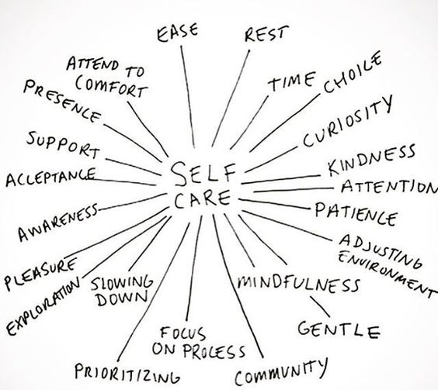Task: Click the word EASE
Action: [177, 33]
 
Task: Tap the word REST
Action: [266, 34]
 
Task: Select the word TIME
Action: [292, 81]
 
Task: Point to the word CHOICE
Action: [353, 72]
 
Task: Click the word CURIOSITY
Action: [348, 122]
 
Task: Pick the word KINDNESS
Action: [371, 160]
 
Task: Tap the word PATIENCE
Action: [356, 214]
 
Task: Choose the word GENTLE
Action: [339, 330]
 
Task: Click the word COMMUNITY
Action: [280, 371]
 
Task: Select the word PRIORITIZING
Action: [127, 374]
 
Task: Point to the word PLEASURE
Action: [40, 274]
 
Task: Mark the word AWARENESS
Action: [58, 222]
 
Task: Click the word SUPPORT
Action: [63, 145]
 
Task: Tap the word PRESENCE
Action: [62, 102]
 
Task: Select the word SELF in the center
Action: [203, 174]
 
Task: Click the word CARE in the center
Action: [203, 199]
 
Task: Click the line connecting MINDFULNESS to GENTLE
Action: [320, 306]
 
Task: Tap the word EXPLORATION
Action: [43, 306]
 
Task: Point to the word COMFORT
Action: [111, 86]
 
